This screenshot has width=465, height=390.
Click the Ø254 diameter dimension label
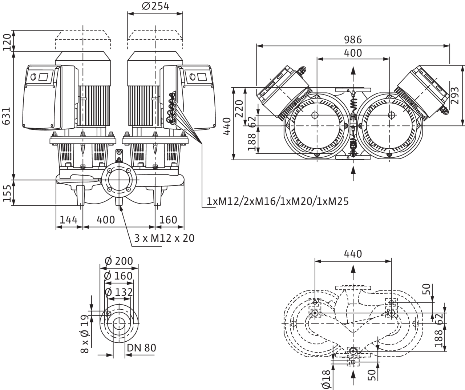click(155, 6)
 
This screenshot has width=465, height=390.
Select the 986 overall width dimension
click(353, 40)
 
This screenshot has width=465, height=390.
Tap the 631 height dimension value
click(7, 116)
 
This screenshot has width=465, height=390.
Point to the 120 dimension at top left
click(7, 42)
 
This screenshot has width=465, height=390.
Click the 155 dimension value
click(7, 193)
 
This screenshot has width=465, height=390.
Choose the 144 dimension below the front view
click(69, 220)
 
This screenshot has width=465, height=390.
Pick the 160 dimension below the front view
click(168, 220)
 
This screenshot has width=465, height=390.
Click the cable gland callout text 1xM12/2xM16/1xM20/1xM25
click(278, 201)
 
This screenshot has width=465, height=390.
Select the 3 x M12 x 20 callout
click(164, 238)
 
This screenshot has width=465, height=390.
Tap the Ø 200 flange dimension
click(119, 261)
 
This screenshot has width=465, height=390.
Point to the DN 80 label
click(142, 348)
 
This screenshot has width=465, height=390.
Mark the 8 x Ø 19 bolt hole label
click(85, 334)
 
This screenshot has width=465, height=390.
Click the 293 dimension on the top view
click(455, 96)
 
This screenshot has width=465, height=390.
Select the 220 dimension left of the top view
click(239, 109)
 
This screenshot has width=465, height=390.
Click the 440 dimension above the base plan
click(353, 254)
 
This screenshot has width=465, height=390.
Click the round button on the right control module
click(193, 77)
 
